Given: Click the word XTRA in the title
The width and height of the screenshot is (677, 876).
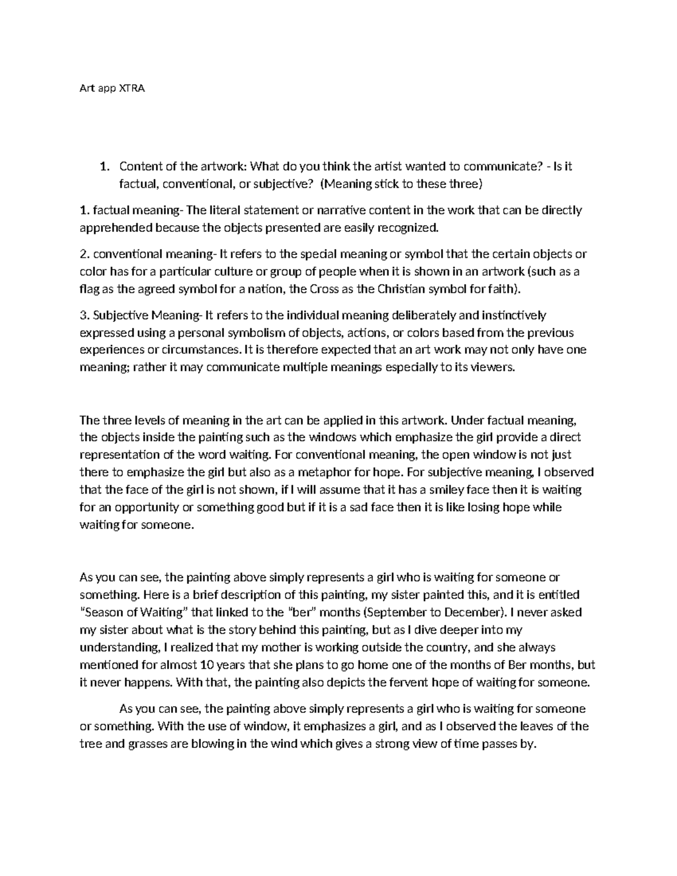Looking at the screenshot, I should pos(131,89).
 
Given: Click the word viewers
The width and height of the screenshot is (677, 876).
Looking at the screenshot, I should pos(495,367).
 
